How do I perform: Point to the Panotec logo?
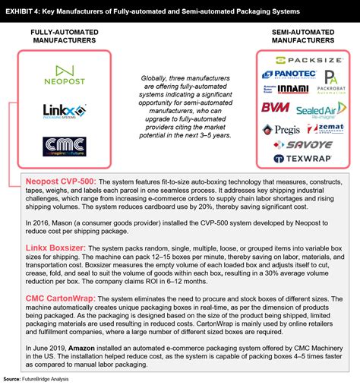[287, 75]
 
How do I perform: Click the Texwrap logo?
[302, 159]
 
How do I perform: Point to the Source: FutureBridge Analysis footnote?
[46, 378]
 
